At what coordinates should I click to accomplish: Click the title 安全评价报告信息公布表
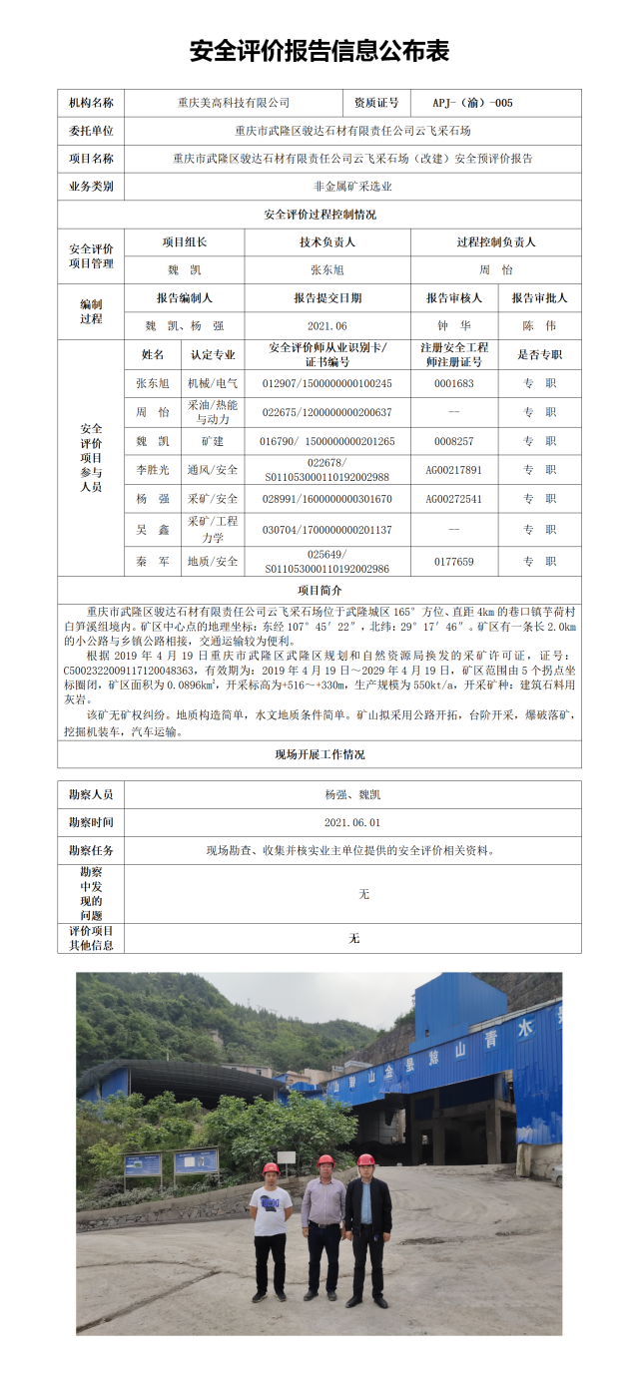[x=319, y=52]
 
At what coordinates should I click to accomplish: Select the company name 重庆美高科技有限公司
[x=234, y=103]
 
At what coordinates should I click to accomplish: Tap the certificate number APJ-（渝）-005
[x=472, y=103]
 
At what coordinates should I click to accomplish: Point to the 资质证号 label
[x=375, y=103]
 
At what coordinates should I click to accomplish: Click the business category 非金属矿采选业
[x=352, y=187]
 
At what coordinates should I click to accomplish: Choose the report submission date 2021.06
[x=327, y=326]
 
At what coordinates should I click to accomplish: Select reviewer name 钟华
[x=453, y=326]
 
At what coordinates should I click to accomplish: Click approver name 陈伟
[x=539, y=326]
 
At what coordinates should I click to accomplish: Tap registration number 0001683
[x=453, y=383]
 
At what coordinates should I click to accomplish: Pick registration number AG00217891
[x=453, y=470]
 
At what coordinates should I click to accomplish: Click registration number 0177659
[x=453, y=562]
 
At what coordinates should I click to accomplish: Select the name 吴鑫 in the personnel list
[x=153, y=530]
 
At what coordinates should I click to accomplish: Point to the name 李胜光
[x=153, y=470]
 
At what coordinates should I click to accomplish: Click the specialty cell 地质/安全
[x=213, y=562]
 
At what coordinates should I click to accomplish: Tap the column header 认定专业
[x=213, y=354]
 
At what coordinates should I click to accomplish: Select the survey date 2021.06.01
[x=352, y=823]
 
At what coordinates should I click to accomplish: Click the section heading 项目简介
[x=319, y=591]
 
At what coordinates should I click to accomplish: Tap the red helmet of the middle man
[x=325, y=1160]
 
